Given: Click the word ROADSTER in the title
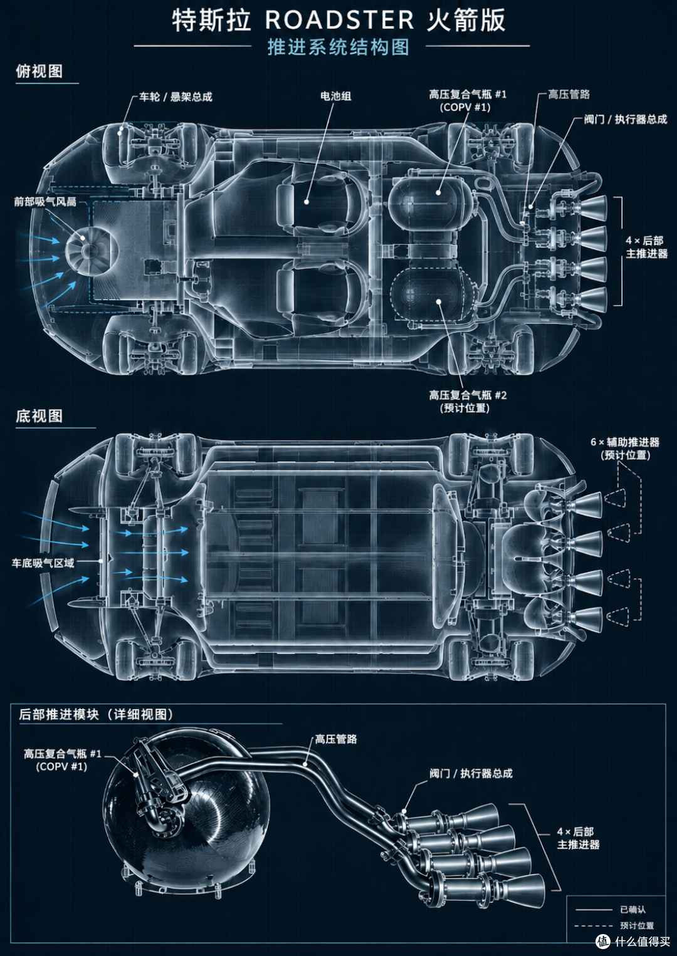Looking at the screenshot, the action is [340, 19].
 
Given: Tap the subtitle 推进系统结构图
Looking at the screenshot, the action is [338, 47].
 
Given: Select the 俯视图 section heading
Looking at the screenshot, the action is [39, 71].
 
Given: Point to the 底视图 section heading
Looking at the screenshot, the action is [39, 416].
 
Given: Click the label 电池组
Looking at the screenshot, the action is [336, 96].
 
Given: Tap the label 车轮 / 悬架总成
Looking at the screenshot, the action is [176, 97].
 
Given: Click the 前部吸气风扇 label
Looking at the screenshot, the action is [45, 202].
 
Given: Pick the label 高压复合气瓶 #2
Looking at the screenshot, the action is [468, 395].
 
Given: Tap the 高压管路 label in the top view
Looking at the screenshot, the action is [569, 95].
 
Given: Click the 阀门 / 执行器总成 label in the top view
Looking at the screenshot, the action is [626, 120].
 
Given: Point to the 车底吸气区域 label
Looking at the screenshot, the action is [43, 563].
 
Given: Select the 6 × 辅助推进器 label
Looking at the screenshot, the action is [625, 442].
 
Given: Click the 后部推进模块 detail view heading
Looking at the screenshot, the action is [96, 714].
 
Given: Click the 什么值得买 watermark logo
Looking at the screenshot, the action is [632, 940].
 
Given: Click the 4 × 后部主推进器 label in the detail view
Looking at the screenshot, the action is [578, 838].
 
